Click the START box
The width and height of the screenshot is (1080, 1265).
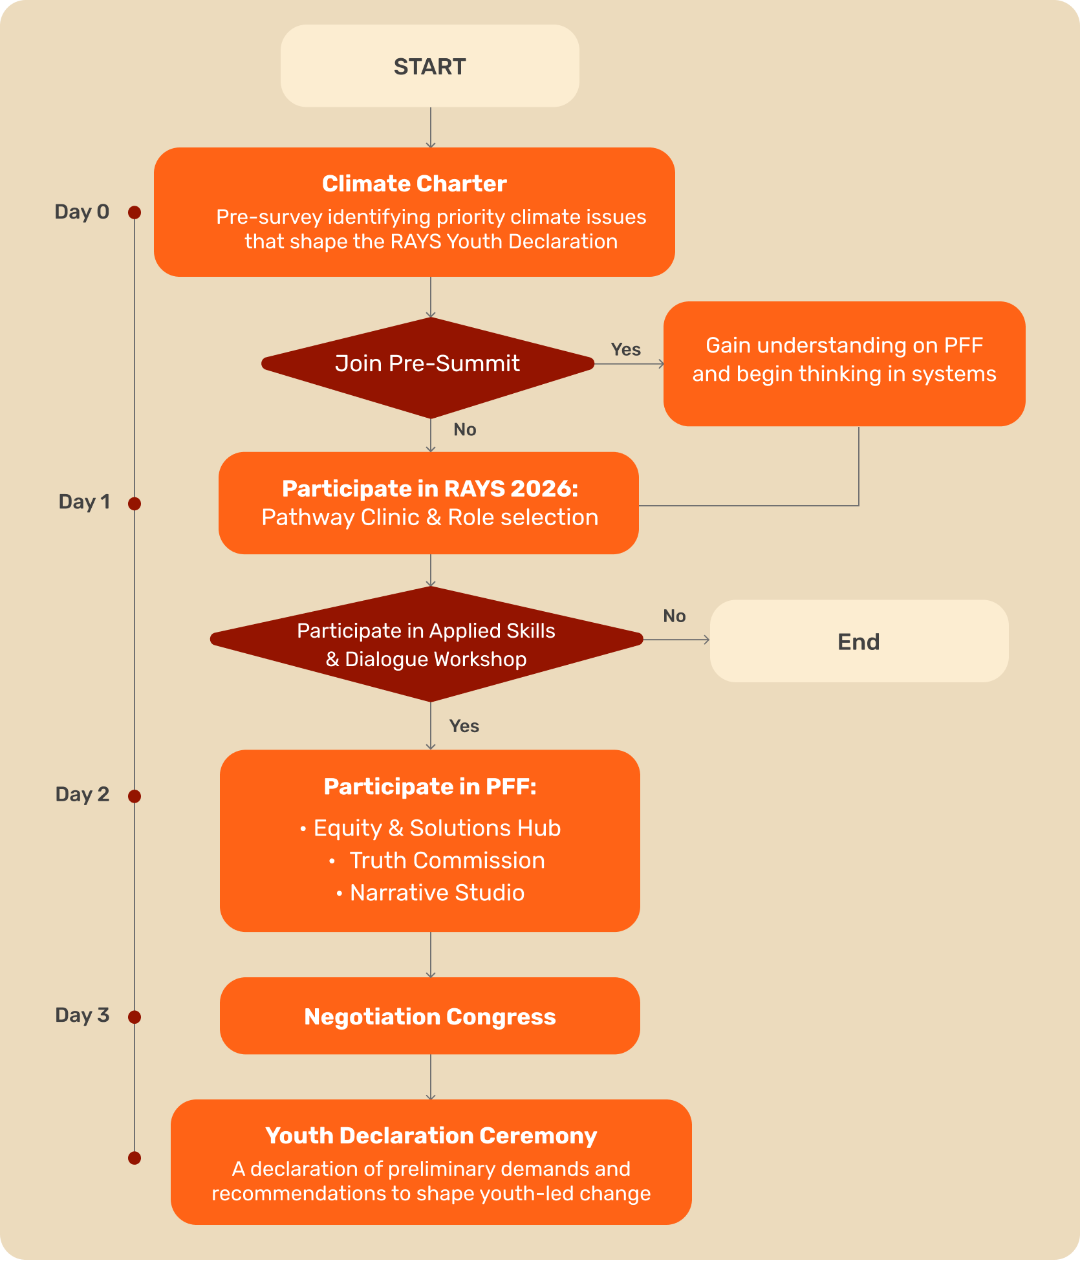coord(429,66)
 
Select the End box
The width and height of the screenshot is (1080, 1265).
coord(858,641)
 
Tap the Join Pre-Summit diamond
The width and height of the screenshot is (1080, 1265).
coord(427,364)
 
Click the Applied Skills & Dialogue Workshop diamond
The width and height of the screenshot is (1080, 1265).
coord(426,644)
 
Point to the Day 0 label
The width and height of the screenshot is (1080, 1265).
coord(81,212)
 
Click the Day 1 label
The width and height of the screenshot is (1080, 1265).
coord(84,502)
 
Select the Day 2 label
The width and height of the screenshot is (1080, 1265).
coord(82,794)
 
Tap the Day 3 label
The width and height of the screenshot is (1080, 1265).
coord(82,1015)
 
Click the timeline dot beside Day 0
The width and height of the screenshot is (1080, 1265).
coord(135,213)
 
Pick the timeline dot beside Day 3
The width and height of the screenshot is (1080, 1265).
coord(135,1017)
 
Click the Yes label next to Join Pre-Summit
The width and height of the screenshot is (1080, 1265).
coord(625,350)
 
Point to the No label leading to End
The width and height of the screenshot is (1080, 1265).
coord(674,616)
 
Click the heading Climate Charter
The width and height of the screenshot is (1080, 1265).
coord(415,184)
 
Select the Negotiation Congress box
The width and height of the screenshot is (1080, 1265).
coord(429,1016)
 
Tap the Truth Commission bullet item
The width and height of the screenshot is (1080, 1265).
coord(446,861)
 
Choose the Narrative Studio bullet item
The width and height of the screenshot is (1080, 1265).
coord(437,893)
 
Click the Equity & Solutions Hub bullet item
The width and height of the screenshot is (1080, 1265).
coord(437,828)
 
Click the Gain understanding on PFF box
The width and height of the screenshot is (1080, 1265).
coord(844,363)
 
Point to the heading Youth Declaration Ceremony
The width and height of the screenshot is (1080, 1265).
coord(431,1136)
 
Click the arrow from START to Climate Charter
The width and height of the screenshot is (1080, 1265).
coord(431,127)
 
